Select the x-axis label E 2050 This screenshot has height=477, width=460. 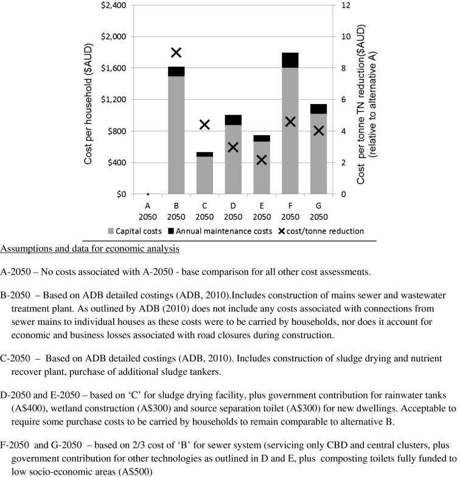click(262, 211)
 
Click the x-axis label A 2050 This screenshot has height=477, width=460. click(148, 211)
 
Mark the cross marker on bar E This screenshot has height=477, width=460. click(262, 160)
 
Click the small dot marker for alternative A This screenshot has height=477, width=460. click(148, 194)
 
